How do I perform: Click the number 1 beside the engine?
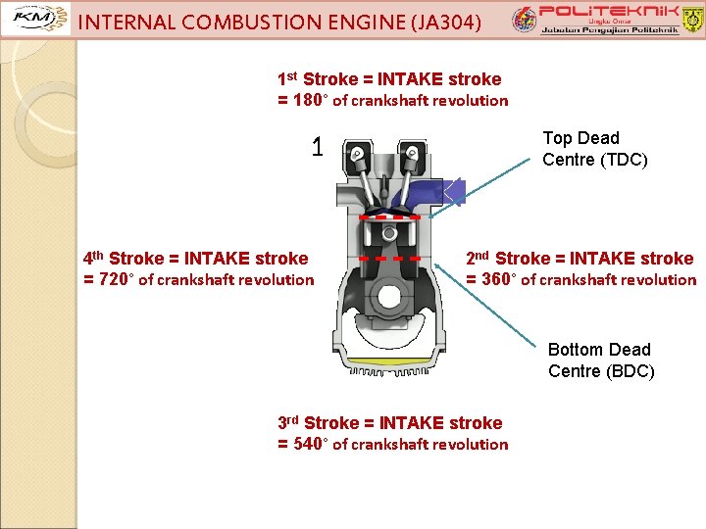pyautogui.click(x=317, y=148)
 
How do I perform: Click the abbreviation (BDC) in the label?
pyautogui.click(x=628, y=371)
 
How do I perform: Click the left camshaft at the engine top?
pyautogui.click(x=359, y=153)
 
